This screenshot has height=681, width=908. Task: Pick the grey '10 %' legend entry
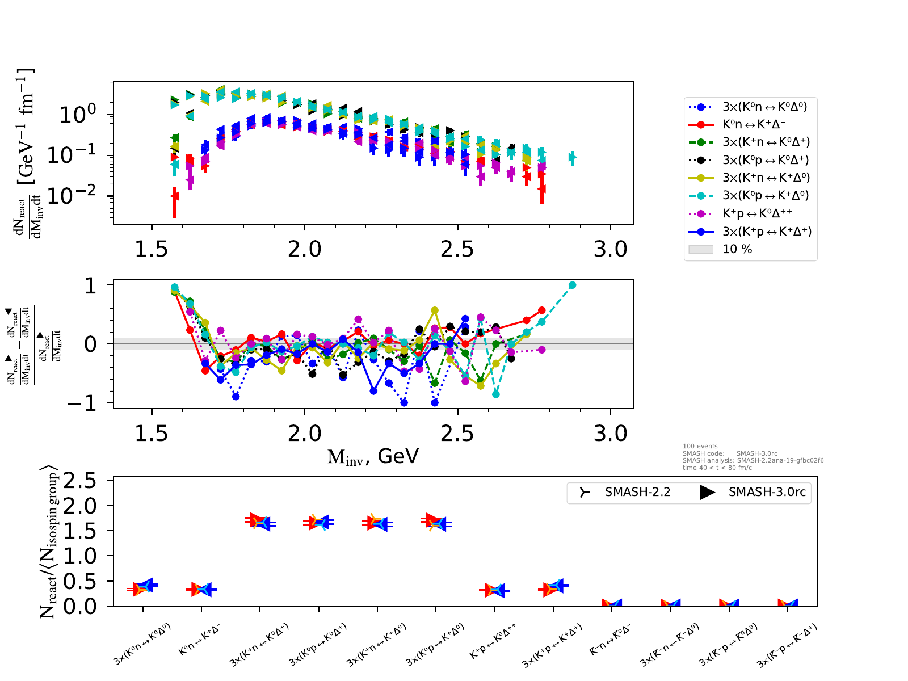point(737,249)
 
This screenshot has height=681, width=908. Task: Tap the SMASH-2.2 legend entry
point(637,492)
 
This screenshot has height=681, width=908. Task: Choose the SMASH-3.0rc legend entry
point(767,492)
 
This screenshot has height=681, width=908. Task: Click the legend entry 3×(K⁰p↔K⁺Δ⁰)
point(766,195)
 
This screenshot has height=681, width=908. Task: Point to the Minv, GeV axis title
point(373,456)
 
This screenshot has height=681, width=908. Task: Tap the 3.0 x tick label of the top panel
point(611,249)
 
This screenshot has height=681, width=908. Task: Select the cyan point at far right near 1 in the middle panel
point(572,285)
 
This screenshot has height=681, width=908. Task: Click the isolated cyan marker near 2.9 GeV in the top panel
point(572,157)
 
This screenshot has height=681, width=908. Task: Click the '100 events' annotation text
point(700,447)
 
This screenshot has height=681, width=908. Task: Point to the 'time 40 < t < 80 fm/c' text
point(717,468)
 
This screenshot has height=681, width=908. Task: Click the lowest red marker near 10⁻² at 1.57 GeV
point(175,196)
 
